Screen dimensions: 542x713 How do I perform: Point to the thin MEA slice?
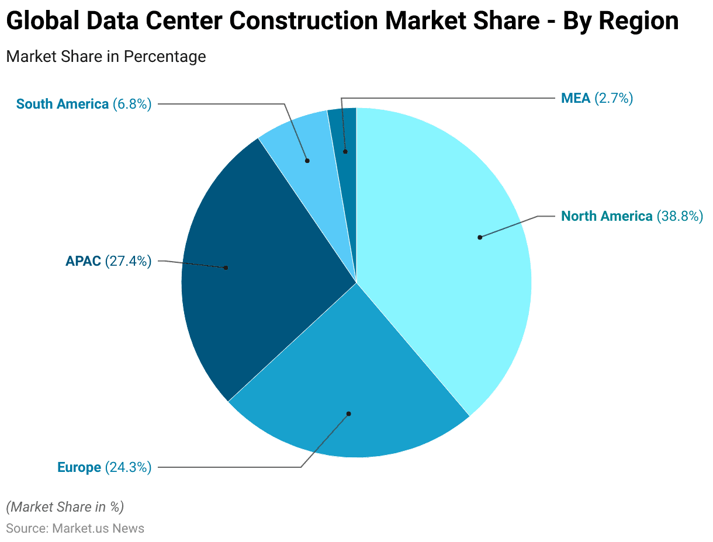pos(345,134)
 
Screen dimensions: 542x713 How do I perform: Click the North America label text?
pos(607,216)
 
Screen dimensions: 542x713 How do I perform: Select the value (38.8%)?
pos(680,216)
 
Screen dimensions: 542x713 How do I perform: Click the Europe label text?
pos(79,467)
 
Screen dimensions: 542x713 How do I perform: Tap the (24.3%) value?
pos(128,467)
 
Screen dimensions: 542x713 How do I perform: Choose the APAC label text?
pos(83,261)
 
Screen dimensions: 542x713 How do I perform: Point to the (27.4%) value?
pos(128,261)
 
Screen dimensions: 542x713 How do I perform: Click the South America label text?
pos(63,104)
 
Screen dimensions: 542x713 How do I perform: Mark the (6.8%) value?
pos(132,104)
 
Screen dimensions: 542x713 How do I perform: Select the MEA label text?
pos(576,98)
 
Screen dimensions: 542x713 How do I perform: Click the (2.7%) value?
pos(614,98)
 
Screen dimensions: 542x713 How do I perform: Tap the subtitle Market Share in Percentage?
pos(106,57)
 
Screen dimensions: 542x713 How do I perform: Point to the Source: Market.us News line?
pos(75,529)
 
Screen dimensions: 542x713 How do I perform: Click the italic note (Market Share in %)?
pos(65,506)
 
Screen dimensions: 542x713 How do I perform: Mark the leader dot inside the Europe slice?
pos(348,414)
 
